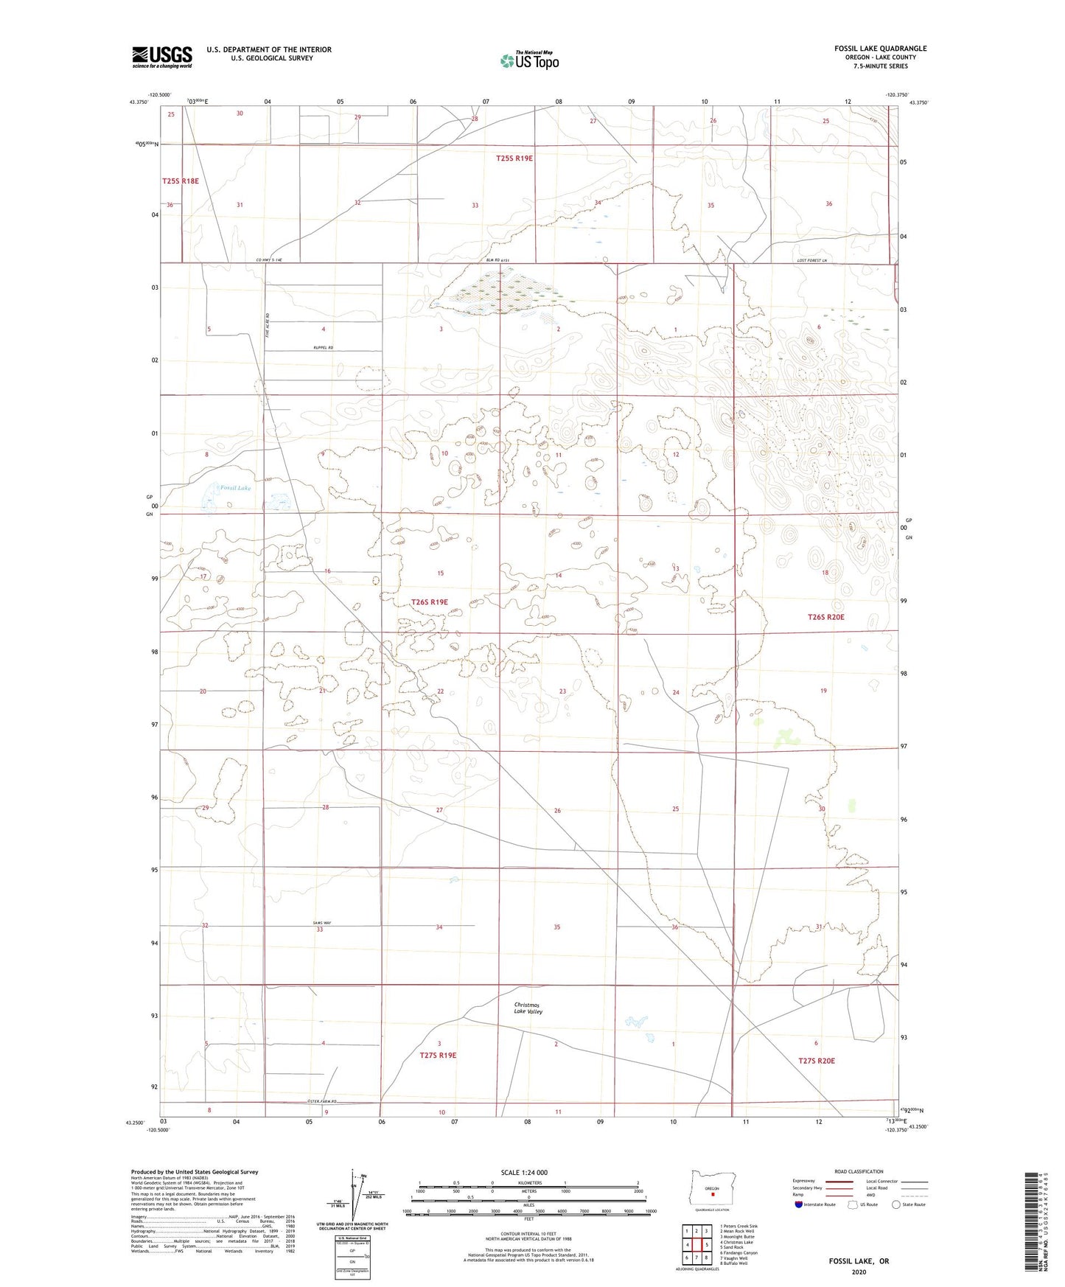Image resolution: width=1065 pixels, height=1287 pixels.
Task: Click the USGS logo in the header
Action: tap(162, 57)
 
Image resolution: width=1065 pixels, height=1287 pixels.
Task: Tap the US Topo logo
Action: tap(529, 60)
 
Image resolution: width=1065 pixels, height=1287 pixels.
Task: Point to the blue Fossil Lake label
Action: tap(236, 488)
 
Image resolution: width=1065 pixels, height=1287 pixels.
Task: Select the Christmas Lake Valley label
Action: tap(528, 1008)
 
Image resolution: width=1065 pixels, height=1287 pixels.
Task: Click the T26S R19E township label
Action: tap(429, 602)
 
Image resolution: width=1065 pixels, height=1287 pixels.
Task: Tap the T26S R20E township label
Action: tap(825, 617)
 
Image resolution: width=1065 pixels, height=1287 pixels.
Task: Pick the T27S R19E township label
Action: tap(438, 1056)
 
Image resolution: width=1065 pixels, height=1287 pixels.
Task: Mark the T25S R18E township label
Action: tap(181, 181)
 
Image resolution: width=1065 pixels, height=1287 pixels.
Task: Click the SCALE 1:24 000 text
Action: tap(524, 1172)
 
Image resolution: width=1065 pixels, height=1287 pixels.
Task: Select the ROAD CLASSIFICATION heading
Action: tap(858, 1171)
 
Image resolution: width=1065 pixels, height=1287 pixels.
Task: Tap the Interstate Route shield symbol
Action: tap(799, 1204)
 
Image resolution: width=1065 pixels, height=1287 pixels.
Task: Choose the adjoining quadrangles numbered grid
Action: tap(696, 1245)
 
